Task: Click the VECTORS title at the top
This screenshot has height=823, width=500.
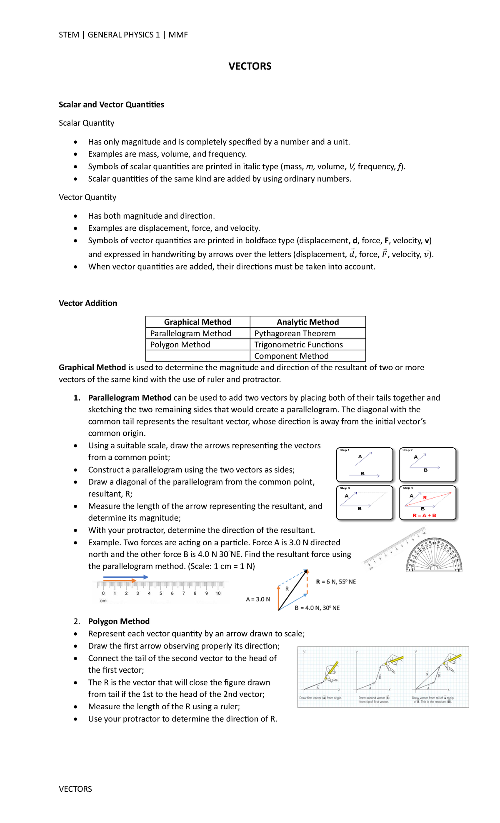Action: [250, 66]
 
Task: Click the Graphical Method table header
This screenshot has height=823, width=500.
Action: [197, 322]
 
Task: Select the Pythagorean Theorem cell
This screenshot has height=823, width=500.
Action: [295, 333]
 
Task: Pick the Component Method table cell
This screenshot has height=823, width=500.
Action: [291, 356]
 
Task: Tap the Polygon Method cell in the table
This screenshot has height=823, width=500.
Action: [180, 344]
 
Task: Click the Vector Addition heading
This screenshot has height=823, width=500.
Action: [88, 303]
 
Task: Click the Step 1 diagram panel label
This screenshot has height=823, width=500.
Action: [344, 450]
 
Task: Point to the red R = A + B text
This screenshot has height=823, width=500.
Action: [424, 516]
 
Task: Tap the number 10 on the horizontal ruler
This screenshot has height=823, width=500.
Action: [218, 593]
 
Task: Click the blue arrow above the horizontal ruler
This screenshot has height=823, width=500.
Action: [125, 577]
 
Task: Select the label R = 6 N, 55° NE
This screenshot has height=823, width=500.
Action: [336, 582]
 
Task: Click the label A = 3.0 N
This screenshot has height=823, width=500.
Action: [258, 599]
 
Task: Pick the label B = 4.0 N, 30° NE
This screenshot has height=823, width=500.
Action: [317, 608]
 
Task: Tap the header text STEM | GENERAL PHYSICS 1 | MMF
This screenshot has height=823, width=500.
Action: [123, 35]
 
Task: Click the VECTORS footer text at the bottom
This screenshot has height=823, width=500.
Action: [75, 789]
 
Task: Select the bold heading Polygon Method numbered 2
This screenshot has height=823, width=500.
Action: [119, 621]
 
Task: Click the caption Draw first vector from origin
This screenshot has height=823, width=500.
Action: [320, 698]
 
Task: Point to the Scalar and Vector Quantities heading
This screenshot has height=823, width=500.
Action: [111, 105]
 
